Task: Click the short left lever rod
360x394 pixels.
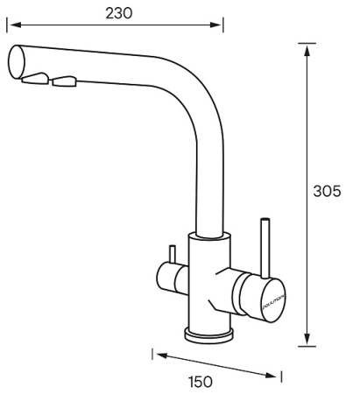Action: tap(173, 256)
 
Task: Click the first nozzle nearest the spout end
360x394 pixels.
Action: tap(34, 81)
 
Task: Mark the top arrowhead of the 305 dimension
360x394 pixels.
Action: tap(307, 50)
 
